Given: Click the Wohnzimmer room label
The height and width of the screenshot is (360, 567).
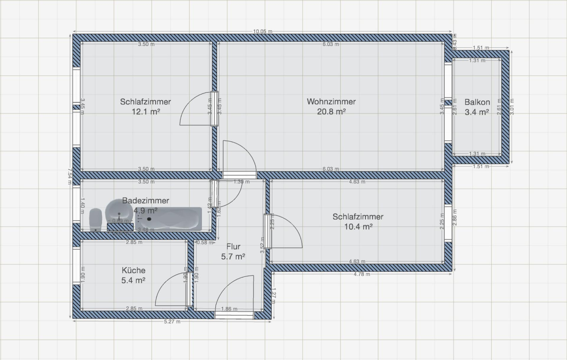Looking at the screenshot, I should tap(331, 102).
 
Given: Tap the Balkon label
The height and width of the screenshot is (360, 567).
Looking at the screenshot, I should tap(477, 102).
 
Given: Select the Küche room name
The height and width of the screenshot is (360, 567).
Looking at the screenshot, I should tap(133, 270).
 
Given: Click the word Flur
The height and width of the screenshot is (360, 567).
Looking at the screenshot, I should tap(233, 247).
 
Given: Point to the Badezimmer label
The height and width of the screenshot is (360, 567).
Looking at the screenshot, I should tap(145, 201).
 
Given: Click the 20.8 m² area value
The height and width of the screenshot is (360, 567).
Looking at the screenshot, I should tap(331, 112).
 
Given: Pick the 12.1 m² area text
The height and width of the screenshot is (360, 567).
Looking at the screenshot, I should tap(145, 112).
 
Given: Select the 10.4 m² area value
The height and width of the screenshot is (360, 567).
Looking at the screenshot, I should tap(358, 227).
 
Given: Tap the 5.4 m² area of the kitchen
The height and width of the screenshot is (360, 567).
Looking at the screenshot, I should tap(133, 280).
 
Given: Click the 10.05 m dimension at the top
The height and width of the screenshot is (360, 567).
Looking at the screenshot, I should tap(262, 31).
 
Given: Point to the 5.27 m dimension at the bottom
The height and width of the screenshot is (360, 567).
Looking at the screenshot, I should tap(172, 322).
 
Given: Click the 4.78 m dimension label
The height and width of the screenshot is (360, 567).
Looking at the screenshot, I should tap(362, 275).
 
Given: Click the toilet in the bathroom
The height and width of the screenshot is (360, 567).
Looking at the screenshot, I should tap(96, 220).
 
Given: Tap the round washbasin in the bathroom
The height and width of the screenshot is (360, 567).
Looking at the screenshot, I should tap(119, 210).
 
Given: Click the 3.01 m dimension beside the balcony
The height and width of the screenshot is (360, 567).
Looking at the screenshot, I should tap(513, 106).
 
